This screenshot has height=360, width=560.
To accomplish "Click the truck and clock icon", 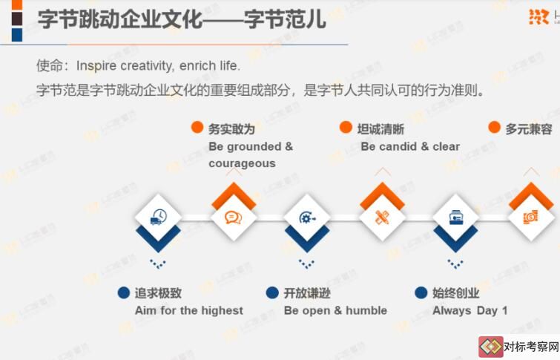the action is click(x=159, y=217).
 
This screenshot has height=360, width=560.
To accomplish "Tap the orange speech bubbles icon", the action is click(x=233, y=217).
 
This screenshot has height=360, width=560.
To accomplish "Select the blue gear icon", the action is click(x=307, y=217).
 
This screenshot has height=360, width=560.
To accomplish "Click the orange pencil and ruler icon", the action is click(x=382, y=217).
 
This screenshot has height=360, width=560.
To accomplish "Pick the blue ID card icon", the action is click(x=455, y=217).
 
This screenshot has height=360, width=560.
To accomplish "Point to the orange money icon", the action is click(x=530, y=217).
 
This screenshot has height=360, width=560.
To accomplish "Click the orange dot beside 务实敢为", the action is click(x=197, y=127).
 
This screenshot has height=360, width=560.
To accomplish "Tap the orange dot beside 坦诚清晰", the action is click(x=346, y=127).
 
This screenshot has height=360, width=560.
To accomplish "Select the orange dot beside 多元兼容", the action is click(x=494, y=127).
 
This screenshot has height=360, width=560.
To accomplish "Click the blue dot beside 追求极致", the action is click(x=124, y=292).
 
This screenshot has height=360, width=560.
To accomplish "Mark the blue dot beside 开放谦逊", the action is click(x=272, y=292).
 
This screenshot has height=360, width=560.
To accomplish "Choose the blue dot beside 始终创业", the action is click(x=421, y=292).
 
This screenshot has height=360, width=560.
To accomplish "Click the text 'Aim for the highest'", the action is click(x=189, y=311).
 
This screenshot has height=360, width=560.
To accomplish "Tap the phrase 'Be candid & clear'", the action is click(x=410, y=146).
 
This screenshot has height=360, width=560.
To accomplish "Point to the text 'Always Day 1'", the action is click(x=470, y=311).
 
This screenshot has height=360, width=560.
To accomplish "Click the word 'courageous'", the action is click(x=242, y=164).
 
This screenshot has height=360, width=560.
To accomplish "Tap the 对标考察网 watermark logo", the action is click(x=519, y=347).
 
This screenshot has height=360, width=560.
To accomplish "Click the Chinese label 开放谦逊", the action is click(x=307, y=293).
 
